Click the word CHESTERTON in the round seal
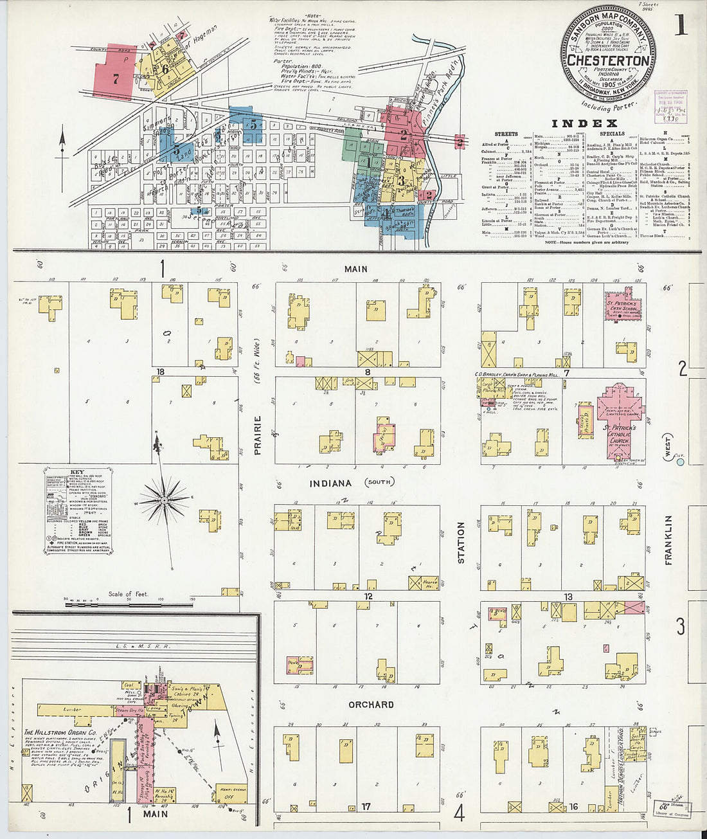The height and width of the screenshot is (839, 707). point(607,60)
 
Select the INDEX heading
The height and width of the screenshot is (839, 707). point(585,123)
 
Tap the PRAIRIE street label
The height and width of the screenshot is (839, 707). point(258,435)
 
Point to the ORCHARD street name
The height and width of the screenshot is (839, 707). point(371,705)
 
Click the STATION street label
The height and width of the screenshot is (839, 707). point(461,543)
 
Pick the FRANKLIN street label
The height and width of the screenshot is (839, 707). point(668,540)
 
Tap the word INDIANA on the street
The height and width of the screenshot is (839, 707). point(330,483)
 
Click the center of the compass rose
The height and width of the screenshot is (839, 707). point(164,500)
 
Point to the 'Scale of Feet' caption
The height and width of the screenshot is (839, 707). point(129,594)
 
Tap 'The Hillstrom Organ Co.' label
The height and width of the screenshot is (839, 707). point(60,732)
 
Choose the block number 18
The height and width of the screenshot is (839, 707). point(161,372)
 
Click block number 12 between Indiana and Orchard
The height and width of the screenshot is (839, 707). point(368,597)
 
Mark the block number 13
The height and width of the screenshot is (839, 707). point(568,597)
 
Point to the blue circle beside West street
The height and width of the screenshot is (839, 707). point(681,461)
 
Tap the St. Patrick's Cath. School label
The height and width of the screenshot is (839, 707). point(622,305)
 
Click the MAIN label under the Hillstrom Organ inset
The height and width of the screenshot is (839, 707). point(155,814)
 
